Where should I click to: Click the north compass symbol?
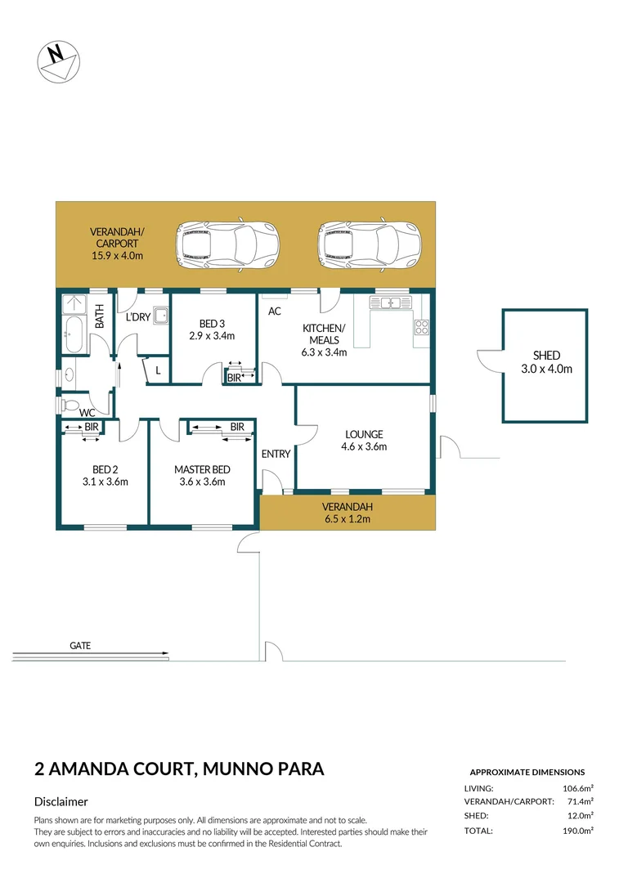58,61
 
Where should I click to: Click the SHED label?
546,355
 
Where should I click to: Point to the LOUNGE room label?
364,434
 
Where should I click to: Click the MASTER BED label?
202,469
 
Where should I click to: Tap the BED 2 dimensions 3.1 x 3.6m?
105,482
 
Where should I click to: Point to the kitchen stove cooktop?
421,327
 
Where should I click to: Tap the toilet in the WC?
70,406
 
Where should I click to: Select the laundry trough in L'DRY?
161,316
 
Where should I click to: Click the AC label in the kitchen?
275,312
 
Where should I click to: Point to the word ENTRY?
276,454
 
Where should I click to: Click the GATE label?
80,645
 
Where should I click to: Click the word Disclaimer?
61,802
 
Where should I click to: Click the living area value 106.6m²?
576,788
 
